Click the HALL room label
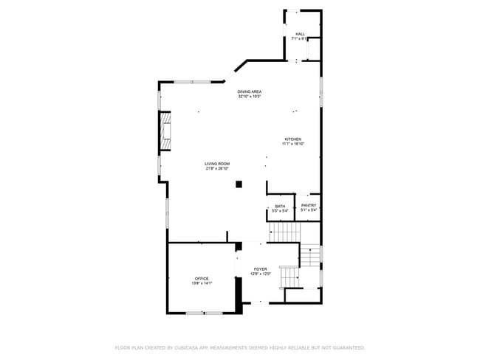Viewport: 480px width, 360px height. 301,34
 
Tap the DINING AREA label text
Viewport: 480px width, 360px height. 250,91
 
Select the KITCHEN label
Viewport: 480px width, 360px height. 293,139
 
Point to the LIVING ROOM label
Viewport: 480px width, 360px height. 217,164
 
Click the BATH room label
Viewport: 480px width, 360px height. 280,207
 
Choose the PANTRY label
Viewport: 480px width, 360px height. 309,206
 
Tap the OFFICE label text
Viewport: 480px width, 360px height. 202,278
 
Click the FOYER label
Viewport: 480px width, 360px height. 261,269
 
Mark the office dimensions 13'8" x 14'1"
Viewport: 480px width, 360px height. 202,283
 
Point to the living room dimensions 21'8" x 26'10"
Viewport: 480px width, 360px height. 217,169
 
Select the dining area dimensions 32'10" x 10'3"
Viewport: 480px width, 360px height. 250,97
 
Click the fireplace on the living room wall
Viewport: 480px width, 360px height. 165,131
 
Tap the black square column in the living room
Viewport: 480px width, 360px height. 239,184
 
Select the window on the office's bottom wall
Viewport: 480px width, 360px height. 204,314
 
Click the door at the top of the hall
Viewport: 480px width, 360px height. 293,10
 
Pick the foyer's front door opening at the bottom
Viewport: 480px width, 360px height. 260,302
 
